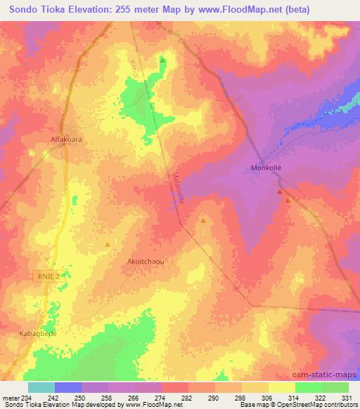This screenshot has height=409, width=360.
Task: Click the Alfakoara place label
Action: (66, 139)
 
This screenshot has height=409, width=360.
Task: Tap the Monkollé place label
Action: (266, 168)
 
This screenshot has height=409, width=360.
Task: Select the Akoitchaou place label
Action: (146, 261)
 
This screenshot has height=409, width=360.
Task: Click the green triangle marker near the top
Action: (163, 60)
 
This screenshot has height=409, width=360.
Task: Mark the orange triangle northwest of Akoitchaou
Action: (107, 244)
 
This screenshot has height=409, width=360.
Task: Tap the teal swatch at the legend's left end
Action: (41, 387)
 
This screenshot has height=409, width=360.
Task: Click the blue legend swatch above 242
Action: (68, 387)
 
